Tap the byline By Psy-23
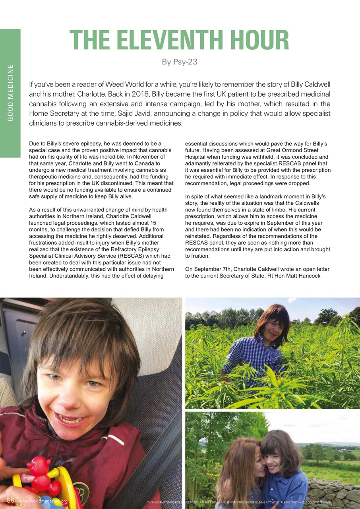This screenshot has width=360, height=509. coord(179,62)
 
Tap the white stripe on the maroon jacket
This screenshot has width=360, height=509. coord(115,439)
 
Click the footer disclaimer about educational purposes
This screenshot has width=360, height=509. coord(238,502)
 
